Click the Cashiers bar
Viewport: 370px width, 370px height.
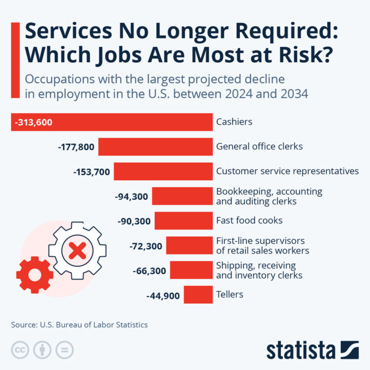133,122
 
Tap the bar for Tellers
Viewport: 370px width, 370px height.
198,295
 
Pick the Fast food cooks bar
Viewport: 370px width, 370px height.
183,221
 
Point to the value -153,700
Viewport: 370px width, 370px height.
91,172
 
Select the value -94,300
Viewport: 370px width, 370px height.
131,196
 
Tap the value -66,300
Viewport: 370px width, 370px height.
149,271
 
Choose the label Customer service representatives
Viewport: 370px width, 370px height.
287,171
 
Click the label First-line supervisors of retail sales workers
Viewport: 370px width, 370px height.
262,245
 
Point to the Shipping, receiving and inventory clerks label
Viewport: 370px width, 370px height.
259,270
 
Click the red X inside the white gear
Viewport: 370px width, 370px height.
78,248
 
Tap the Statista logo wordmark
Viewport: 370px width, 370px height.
301,350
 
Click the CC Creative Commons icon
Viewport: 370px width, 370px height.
20,350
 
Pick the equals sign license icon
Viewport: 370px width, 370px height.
64,350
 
